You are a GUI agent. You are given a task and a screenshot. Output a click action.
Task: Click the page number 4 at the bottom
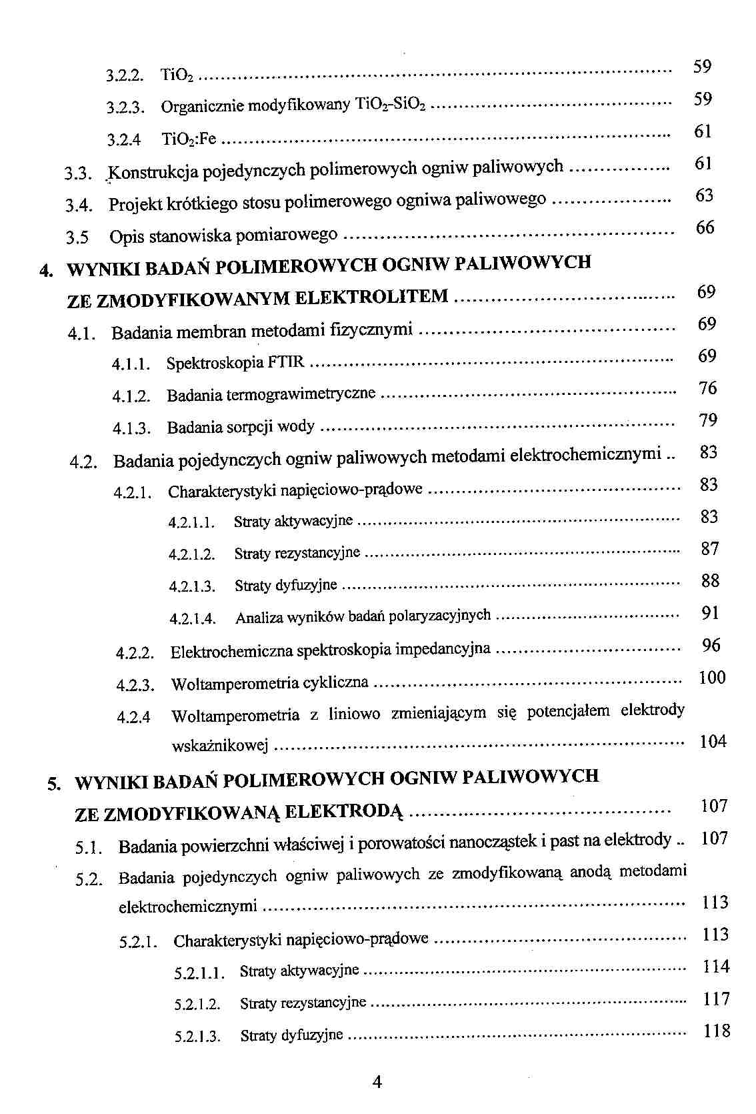pyautogui.click(x=377, y=1082)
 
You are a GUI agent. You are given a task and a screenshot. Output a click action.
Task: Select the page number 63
pyautogui.click(x=704, y=195)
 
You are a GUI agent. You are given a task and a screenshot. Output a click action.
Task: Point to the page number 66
pyautogui.click(x=705, y=227)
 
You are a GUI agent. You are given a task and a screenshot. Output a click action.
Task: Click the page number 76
pyautogui.click(x=707, y=388)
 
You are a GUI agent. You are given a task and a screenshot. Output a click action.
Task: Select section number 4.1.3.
pyautogui.click(x=131, y=428)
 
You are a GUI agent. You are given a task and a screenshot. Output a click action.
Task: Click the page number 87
pyautogui.click(x=710, y=549)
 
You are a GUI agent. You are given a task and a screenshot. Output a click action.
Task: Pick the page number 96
pyautogui.click(x=711, y=645)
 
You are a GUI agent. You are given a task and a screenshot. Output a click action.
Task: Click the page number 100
pyautogui.click(x=711, y=678)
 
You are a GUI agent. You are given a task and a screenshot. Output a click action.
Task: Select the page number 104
pyautogui.click(x=713, y=742)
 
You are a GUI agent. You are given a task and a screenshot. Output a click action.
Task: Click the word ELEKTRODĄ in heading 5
pyautogui.click(x=344, y=813)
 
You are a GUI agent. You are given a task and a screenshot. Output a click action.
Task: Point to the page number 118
pyautogui.click(x=717, y=1031)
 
